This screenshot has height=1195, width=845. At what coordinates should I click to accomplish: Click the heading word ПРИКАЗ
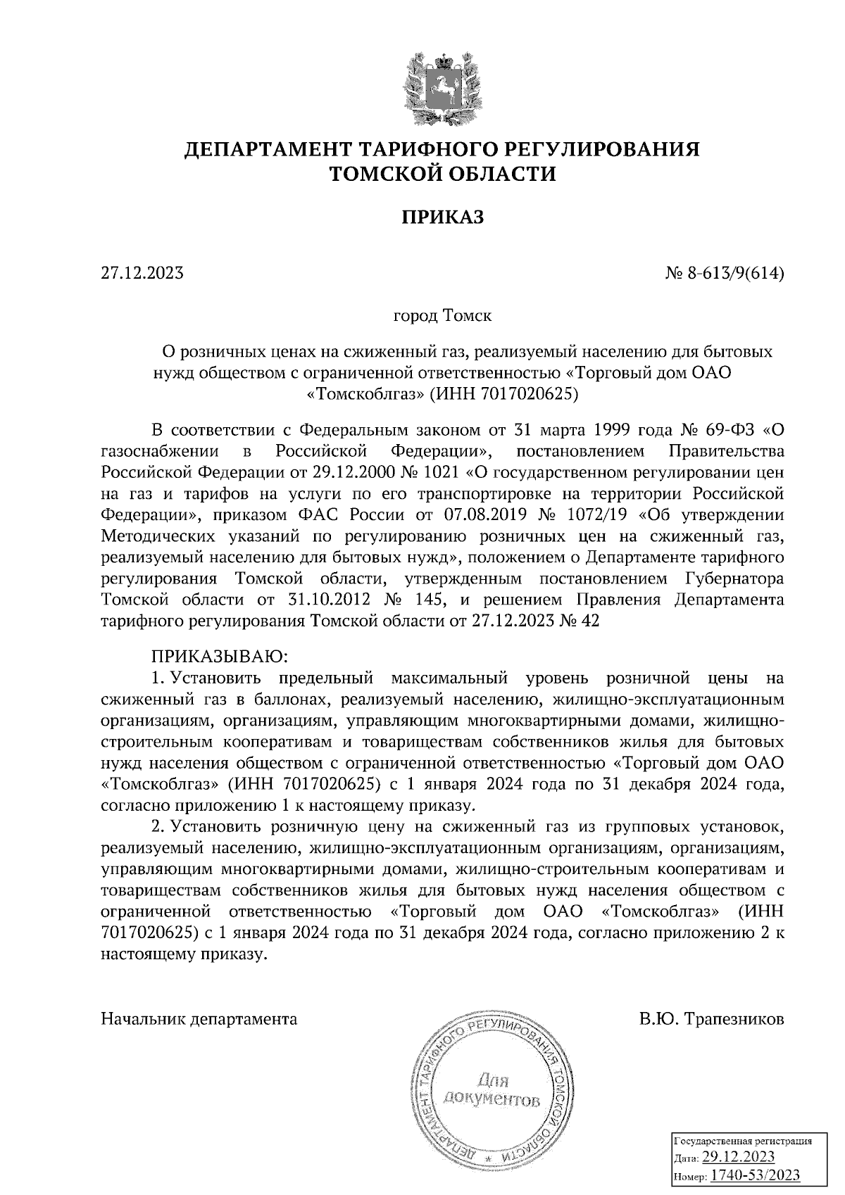443,217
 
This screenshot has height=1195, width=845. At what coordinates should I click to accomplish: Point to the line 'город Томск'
442,315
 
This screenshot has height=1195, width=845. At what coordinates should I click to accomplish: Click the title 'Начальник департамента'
199,1018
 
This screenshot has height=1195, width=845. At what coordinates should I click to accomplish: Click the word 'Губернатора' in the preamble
734,579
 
